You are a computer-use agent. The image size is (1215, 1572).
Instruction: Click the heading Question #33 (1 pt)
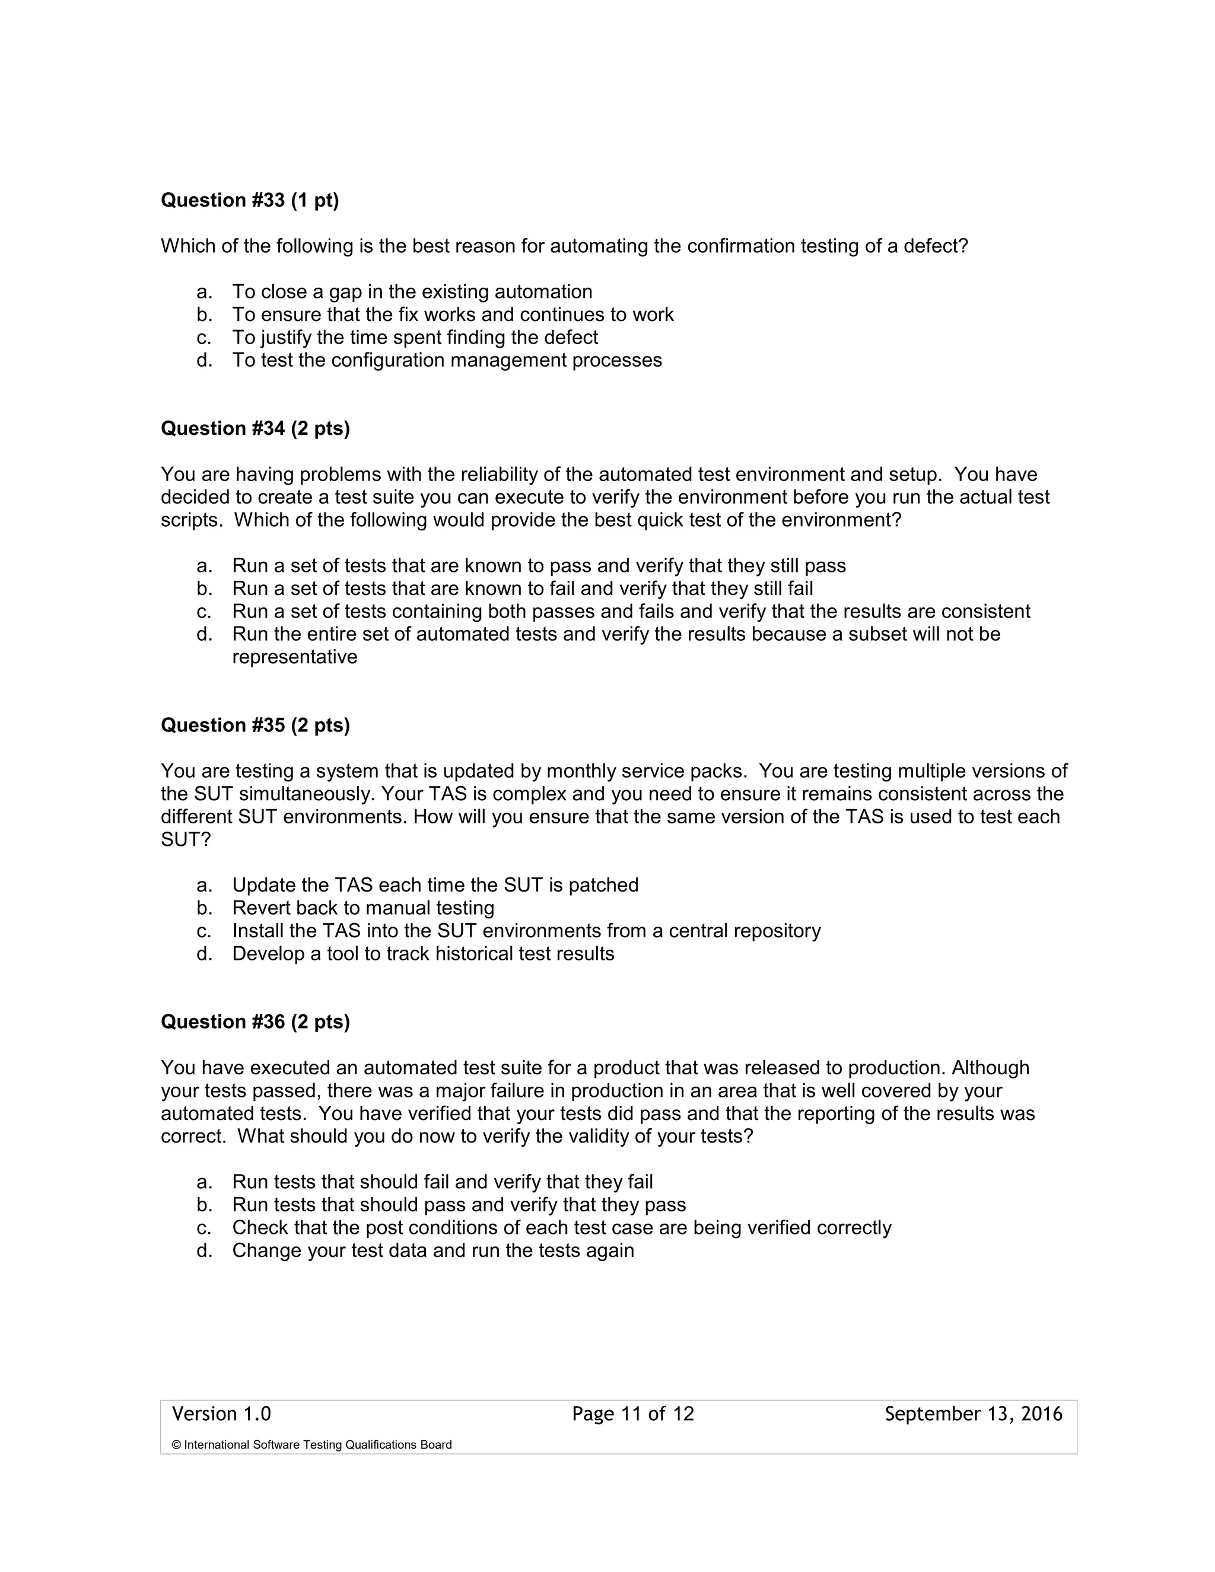(x=249, y=200)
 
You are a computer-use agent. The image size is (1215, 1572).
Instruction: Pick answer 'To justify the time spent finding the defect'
(x=415, y=337)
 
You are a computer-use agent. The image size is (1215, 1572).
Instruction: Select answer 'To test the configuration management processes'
(x=446, y=360)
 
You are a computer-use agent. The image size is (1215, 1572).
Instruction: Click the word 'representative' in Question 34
(x=294, y=657)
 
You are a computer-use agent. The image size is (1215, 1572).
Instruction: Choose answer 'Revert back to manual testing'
(x=362, y=908)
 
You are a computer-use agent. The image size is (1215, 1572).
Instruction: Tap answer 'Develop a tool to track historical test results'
(x=422, y=954)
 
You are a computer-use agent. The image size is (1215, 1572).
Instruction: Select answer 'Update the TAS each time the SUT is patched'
(x=435, y=884)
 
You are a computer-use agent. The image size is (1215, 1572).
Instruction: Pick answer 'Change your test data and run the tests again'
(x=432, y=1250)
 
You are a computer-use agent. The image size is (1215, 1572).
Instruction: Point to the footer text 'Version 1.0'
(x=221, y=1414)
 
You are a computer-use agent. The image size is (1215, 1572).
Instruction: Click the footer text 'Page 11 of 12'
(x=632, y=1414)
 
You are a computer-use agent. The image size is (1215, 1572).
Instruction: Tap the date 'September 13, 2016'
(x=973, y=1414)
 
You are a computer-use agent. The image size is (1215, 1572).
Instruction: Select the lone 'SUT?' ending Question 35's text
(x=186, y=840)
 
